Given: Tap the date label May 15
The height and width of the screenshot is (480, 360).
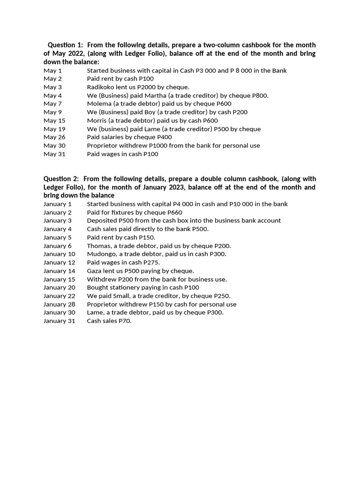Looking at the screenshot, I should pyautogui.click(x=54, y=120).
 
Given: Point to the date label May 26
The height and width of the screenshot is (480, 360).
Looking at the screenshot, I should pyautogui.click(x=54, y=137).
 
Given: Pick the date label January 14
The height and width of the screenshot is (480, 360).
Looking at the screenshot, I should pyautogui.click(x=59, y=271).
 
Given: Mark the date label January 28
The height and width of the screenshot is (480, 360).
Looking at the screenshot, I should pyautogui.click(x=59, y=304).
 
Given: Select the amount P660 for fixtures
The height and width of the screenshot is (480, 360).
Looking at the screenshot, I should pyautogui.click(x=175, y=212).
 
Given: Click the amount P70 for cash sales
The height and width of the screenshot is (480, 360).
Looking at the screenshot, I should pyautogui.click(x=125, y=321).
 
